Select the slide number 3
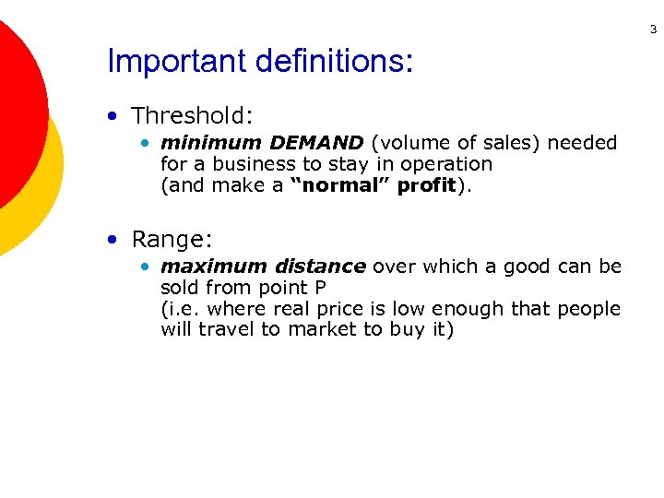(x=653, y=30)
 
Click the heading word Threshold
(x=191, y=115)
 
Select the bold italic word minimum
(x=211, y=143)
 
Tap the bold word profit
(x=426, y=185)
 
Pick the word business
(x=245, y=164)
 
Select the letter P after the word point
(x=320, y=288)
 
